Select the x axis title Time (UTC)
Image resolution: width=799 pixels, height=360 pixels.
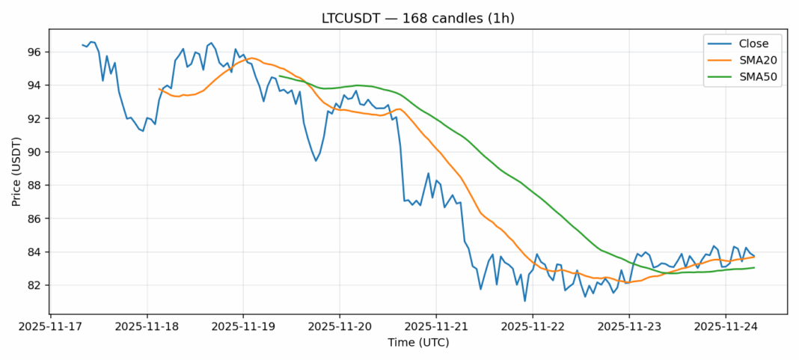tap(417, 343)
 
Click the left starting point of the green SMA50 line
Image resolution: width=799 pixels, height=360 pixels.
tap(279, 76)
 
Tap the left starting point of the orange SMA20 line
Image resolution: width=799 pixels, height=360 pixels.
tap(159, 89)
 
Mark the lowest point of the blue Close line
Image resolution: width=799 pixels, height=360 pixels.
tap(524, 301)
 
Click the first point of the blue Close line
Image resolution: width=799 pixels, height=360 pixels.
tap(82, 45)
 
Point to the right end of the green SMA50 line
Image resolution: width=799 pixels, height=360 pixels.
tap(754, 267)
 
